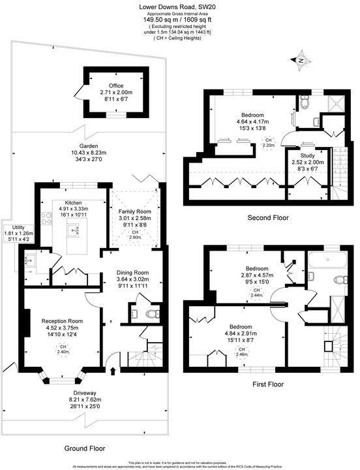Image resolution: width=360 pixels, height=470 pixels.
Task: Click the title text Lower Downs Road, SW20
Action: pyautogui.click(x=179, y=6)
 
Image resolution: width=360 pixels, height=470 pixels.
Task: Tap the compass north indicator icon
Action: pyautogui.click(x=301, y=61)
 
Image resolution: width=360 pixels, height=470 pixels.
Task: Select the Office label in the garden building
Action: pyautogui.click(x=116, y=86)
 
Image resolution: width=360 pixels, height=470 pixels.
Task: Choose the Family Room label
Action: pyautogui.click(x=134, y=212)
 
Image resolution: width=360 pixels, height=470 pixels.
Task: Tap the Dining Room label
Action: pyautogui.click(x=132, y=272)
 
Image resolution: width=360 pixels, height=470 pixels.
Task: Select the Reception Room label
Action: pyautogui.click(x=63, y=321)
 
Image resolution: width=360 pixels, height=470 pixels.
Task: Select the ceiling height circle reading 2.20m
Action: pyautogui.click(x=286, y=143)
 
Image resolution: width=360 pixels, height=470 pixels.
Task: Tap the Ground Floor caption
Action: pyautogui.click(x=85, y=448)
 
